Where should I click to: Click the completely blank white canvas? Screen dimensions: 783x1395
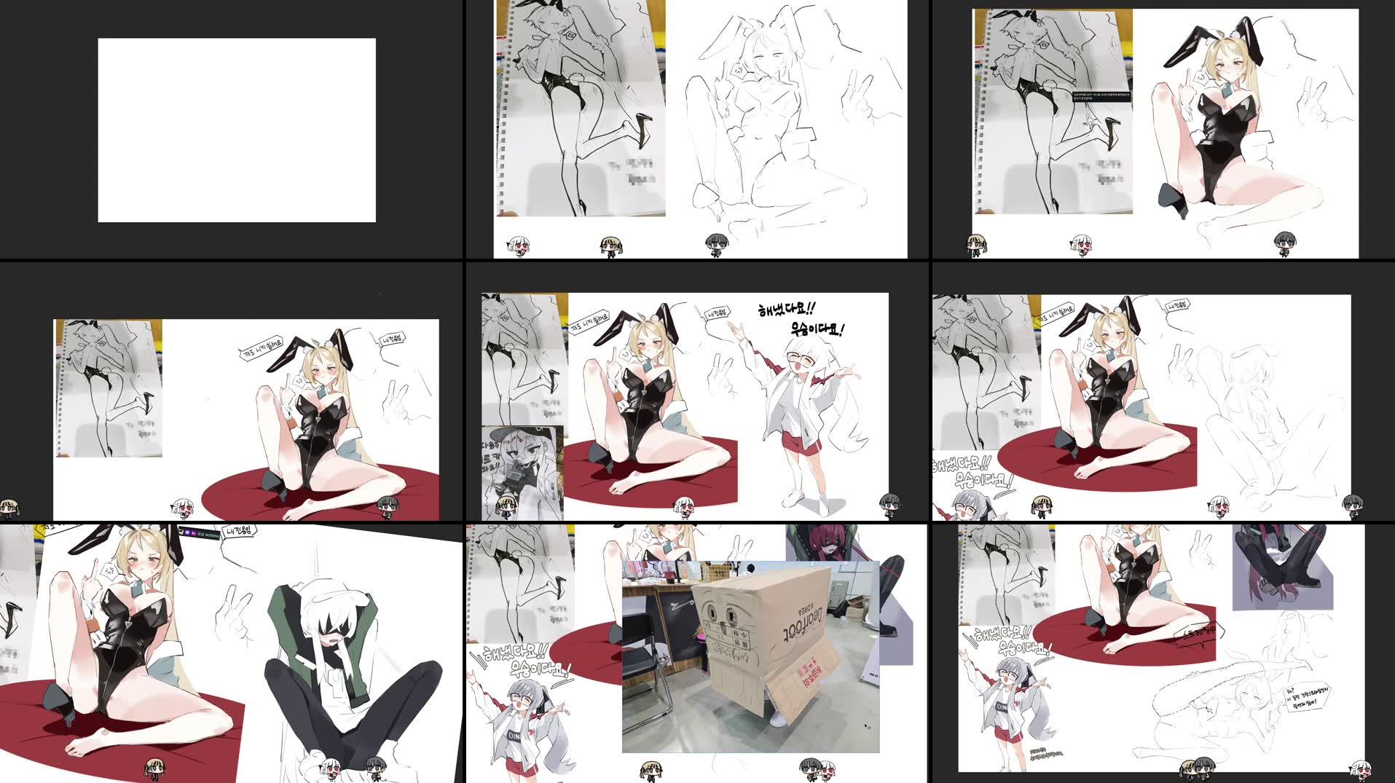click(x=237, y=130)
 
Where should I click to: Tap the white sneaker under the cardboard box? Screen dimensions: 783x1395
click(x=778, y=717)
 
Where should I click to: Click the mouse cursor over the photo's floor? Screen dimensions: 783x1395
click(x=866, y=725)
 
